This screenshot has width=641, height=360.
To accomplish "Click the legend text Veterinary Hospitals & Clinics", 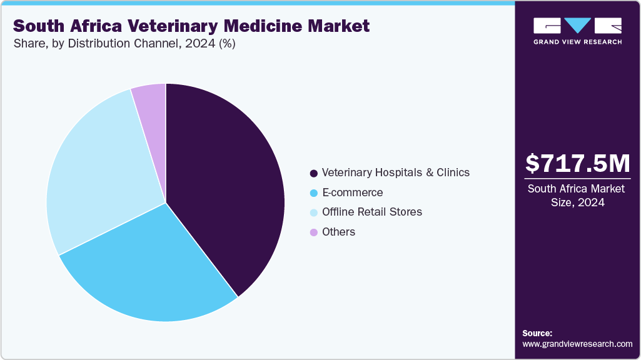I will click(395, 172).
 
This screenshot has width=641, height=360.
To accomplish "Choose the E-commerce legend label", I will click(352, 192).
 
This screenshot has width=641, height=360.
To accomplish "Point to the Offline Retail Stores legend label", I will click(371, 212).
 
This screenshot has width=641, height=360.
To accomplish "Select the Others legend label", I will click(338, 232).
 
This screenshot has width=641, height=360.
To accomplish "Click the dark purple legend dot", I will click(313, 173).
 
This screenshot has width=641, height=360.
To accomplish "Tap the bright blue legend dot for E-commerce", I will click(313, 193).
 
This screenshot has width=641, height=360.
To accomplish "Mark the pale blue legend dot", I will click(313, 212).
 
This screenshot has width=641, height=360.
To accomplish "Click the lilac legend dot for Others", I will click(313, 232).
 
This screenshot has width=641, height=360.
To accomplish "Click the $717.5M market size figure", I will click(577, 163).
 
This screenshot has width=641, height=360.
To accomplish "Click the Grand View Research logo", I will click(577, 31).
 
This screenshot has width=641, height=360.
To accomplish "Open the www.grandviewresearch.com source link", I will click(577, 344).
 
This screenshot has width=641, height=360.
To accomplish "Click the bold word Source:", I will click(537, 333).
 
